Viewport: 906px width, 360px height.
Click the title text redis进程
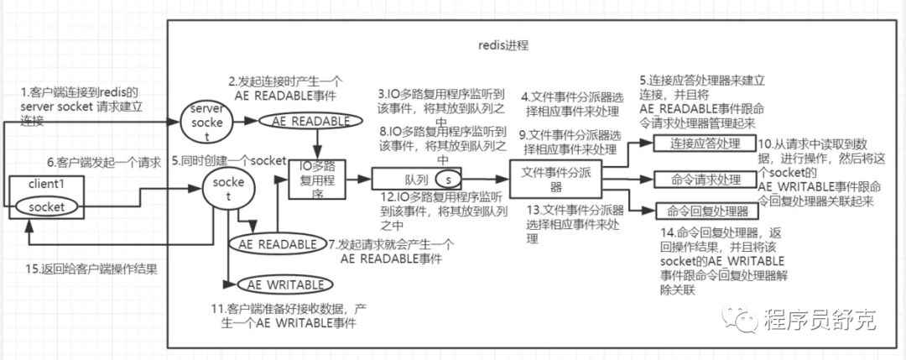(x=501, y=43)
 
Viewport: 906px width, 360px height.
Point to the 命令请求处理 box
(x=704, y=180)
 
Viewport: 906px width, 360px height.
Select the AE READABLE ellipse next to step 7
(x=273, y=243)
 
